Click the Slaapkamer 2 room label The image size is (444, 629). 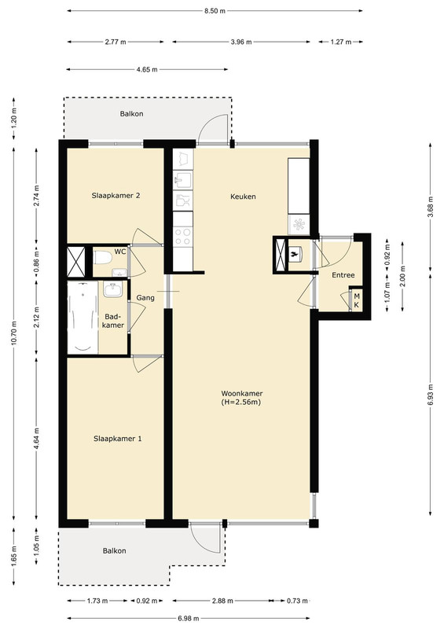[x=116, y=196]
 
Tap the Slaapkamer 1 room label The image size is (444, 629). [x=118, y=439]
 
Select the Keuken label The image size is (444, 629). [x=243, y=197]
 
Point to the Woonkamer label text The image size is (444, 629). [x=242, y=394]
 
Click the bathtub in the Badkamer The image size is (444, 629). [x=83, y=318]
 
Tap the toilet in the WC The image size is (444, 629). [x=102, y=258]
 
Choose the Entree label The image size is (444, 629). [x=343, y=275]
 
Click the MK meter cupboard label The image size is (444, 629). [x=357, y=300]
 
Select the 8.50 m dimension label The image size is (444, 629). [x=215, y=11]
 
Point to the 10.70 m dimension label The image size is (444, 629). [x=14, y=333]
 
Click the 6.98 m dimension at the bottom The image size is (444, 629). [x=189, y=618]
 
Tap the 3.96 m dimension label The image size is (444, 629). [x=241, y=42]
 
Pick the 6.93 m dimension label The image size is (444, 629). [x=431, y=395]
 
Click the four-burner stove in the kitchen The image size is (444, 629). [x=182, y=237]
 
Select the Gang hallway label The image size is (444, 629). [x=145, y=298]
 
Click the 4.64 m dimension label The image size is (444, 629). [x=36, y=439]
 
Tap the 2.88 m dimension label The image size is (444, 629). [x=222, y=601]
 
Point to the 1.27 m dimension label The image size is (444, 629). [x=341, y=42]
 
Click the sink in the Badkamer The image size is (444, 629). [x=112, y=289]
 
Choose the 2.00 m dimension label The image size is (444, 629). [x=402, y=277]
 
